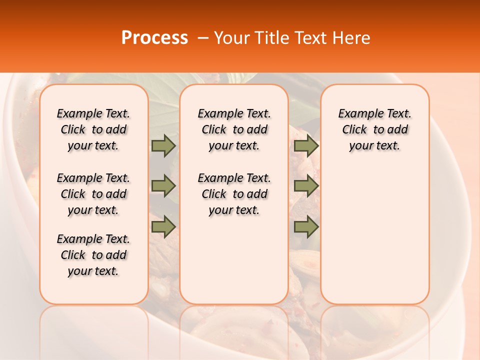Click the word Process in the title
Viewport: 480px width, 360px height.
(154, 38)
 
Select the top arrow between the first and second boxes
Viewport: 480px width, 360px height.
(163, 145)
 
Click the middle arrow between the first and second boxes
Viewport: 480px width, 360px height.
(163, 186)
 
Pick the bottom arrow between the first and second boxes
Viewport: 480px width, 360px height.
(163, 227)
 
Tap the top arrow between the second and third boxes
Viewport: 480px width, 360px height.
(306, 145)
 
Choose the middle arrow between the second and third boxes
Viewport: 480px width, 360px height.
(306, 186)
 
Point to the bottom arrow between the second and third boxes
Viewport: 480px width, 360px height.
(306, 227)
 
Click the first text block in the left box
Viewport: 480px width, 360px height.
(93, 129)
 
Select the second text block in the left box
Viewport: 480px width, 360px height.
(93, 194)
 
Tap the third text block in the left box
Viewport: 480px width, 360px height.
(93, 255)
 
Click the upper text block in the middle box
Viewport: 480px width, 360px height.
(234, 129)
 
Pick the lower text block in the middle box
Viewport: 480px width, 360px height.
(234, 194)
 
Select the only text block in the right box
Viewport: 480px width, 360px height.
(375, 129)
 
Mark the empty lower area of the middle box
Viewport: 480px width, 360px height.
(234, 260)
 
